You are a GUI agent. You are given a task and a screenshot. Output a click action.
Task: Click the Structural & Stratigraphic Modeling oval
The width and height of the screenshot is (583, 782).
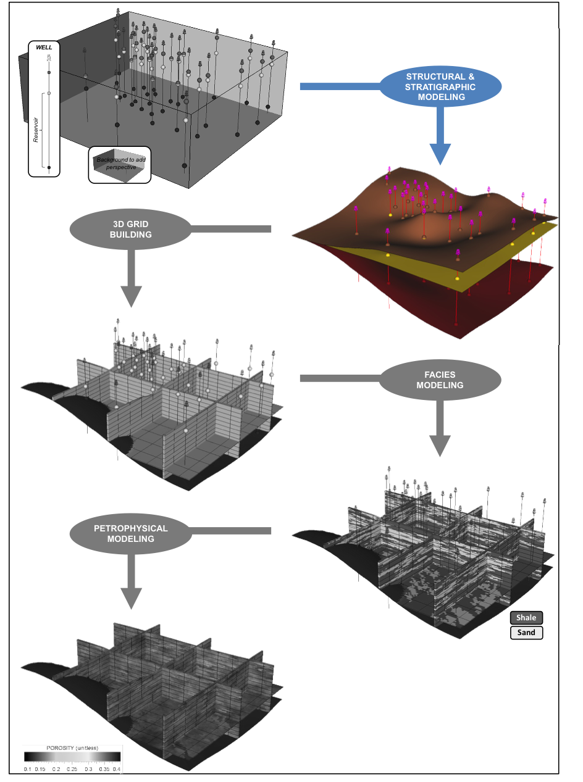coord(440,86)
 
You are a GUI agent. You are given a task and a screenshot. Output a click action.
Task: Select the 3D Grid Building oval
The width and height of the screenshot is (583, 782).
coord(131,230)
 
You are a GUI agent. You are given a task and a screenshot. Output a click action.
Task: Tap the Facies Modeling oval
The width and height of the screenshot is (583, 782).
coord(440,380)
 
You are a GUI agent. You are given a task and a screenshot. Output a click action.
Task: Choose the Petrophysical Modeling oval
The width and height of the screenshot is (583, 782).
coord(130,534)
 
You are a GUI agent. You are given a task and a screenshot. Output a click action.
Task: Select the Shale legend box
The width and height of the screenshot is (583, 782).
coord(526,618)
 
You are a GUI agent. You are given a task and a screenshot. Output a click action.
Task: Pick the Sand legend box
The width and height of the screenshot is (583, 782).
coord(526,633)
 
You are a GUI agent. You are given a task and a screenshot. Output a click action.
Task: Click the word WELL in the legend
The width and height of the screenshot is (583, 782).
coord(44,47)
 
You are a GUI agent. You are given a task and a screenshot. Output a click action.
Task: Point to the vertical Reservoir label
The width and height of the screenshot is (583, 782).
coord(36,129)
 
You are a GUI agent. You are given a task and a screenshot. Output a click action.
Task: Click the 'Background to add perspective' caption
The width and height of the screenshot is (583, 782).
coord(120,164)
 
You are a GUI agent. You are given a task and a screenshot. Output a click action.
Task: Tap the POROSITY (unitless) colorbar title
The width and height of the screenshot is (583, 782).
coord(73,748)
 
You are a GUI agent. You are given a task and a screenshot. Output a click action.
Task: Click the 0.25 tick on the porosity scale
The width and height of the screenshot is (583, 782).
coord(72,770)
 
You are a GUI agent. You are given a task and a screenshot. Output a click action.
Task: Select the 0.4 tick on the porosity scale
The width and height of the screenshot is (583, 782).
coord(117,770)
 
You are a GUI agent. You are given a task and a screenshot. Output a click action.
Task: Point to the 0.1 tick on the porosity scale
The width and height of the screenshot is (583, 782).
coord(28,770)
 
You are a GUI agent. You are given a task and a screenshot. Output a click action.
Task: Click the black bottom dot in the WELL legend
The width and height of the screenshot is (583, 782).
coord(49,167)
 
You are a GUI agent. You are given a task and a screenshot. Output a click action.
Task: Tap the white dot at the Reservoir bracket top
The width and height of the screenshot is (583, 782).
coord(49,93)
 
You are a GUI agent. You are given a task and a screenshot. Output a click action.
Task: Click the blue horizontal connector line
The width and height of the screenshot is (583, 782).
coord(340,86)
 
